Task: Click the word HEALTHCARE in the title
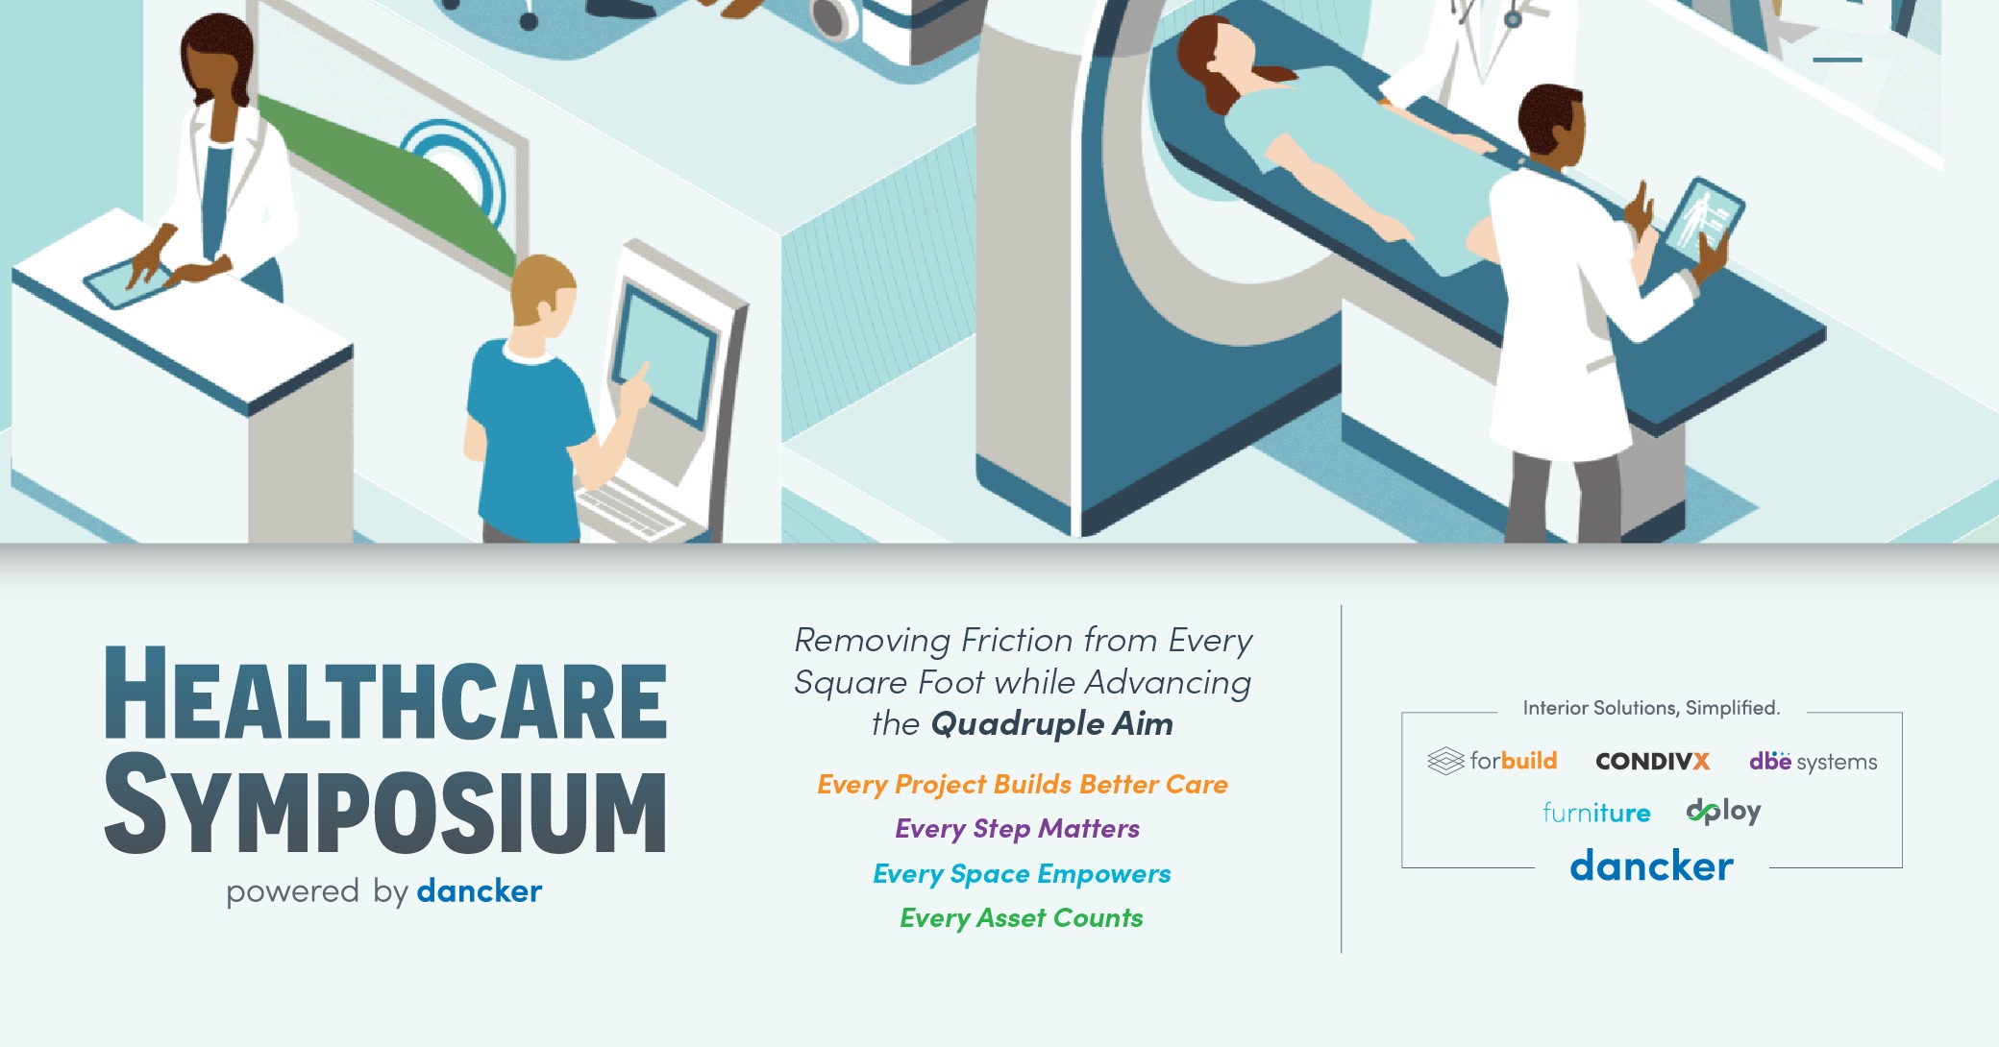point(385,694)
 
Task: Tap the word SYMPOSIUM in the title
point(385,805)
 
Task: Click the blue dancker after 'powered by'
point(480,891)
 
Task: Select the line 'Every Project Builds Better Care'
point(1023,785)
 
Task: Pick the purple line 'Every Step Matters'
point(1017,829)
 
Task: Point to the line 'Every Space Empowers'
point(1022,874)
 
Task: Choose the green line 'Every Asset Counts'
point(1022,918)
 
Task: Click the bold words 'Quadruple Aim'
point(1052,723)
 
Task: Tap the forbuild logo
point(1492,761)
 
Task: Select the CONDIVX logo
point(1653,762)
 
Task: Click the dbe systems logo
point(1813,762)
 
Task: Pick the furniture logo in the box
point(1596,813)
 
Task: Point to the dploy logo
point(1724,812)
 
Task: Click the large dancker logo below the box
point(1652,865)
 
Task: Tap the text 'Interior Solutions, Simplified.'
point(1651,708)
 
